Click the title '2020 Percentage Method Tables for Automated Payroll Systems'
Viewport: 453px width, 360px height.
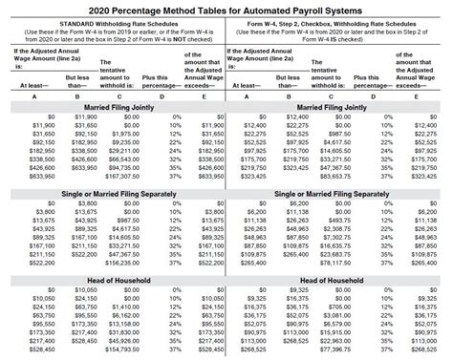pos(226,8)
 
